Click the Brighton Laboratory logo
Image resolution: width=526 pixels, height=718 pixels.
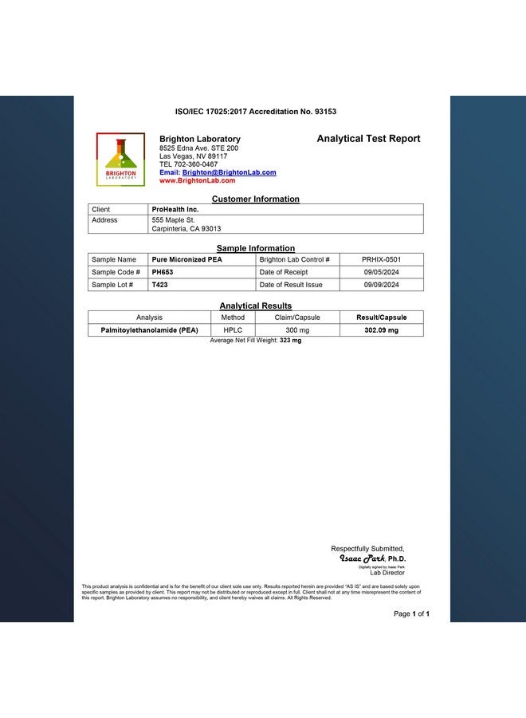click(x=120, y=159)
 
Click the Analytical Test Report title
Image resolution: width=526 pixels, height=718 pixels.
click(x=368, y=139)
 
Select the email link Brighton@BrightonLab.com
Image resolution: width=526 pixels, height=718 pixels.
click(x=229, y=172)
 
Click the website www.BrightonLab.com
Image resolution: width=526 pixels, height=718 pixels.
click(x=198, y=181)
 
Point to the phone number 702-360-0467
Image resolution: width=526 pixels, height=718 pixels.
click(x=194, y=164)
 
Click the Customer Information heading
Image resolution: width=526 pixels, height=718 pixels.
click(x=256, y=199)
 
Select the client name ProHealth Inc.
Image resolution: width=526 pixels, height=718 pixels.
click(x=175, y=209)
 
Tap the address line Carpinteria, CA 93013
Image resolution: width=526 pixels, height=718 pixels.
click(x=186, y=229)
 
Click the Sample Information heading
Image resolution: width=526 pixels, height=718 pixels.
click(x=256, y=249)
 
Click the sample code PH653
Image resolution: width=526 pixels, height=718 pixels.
click(x=163, y=272)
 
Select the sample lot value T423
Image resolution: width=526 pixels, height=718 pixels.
click(x=159, y=285)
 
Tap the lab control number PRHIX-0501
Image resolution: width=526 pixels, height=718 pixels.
click(x=381, y=259)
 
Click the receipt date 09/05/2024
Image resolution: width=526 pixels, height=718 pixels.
click(x=381, y=272)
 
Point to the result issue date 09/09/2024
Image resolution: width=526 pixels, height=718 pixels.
click(x=381, y=285)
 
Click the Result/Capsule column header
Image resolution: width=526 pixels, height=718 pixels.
click(x=381, y=318)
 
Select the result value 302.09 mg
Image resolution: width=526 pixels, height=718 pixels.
click(x=381, y=330)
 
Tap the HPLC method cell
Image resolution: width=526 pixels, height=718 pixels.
click(x=233, y=330)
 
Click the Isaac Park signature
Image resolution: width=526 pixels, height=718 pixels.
click(x=363, y=558)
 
